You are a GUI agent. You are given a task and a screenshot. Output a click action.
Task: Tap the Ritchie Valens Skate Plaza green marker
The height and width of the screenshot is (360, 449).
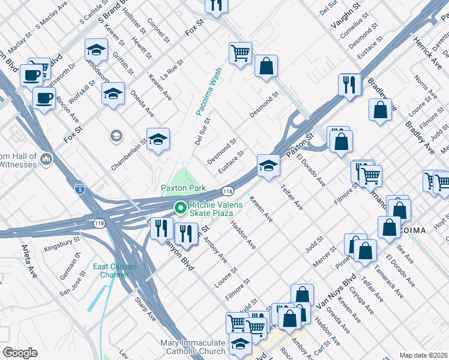point(179,208)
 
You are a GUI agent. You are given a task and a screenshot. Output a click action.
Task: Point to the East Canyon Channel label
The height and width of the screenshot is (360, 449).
point(115,271)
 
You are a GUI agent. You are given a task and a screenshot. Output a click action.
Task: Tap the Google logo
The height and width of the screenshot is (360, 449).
point(20,352)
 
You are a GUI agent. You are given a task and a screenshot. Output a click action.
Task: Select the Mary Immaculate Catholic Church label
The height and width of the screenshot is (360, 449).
point(193,347)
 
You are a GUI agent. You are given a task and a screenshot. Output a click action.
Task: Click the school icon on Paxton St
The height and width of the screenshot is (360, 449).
point(268,166)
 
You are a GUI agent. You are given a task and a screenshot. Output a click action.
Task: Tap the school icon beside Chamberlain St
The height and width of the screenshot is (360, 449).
point(158,139)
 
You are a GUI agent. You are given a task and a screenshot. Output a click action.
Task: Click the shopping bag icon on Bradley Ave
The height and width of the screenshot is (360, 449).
point(380,110)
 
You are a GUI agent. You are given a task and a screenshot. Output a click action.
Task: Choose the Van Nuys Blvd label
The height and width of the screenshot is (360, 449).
point(337,293)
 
